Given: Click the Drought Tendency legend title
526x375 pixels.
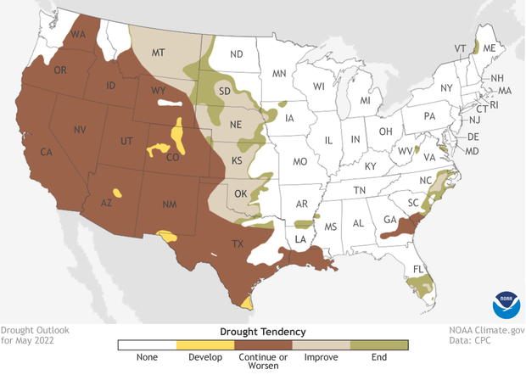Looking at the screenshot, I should click(x=263, y=331).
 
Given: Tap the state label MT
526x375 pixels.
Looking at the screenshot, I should click(x=157, y=53).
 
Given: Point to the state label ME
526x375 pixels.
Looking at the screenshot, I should click(x=490, y=49).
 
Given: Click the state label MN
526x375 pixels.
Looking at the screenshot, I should click(x=279, y=74).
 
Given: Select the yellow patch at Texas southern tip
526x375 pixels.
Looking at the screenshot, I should click(x=246, y=301).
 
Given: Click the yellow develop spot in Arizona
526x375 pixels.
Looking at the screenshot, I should click(x=116, y=193).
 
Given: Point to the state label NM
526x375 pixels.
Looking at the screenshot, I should click(x=169, y=204).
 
